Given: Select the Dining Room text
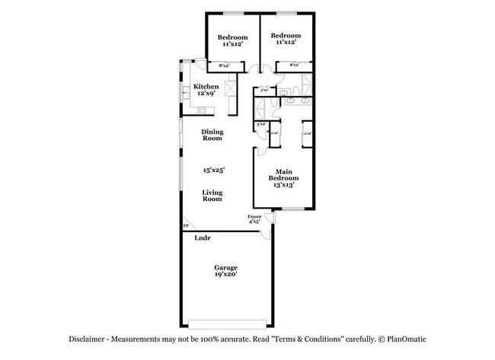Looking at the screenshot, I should [212, 135].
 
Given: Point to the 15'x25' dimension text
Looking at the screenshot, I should [212, 170].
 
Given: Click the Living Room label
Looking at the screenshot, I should [212, 196].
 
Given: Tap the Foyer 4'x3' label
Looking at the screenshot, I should [255, 219].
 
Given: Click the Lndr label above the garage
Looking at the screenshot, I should [202, 238].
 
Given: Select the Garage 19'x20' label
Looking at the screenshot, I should [225, 271].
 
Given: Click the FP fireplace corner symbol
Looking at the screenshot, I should [185, 226].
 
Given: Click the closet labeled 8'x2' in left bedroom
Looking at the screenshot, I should [225, 66].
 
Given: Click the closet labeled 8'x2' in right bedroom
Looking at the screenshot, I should [292, 66].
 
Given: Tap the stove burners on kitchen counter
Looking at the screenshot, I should [203, 112].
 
